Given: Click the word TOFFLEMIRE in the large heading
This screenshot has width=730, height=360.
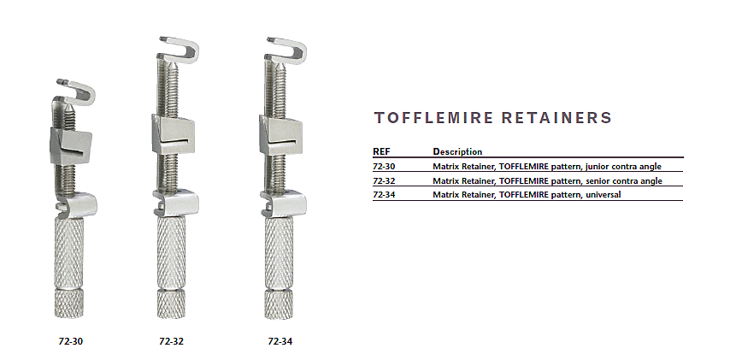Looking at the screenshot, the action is [433, 118].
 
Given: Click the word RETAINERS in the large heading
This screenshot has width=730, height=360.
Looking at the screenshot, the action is [556, 118].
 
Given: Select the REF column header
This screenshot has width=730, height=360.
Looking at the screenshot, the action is [381, 151].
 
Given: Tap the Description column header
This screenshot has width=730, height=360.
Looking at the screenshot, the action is [457, 151].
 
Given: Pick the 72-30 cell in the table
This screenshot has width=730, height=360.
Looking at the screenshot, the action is [384, 166].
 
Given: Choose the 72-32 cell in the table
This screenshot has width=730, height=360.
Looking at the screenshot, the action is [384, 180].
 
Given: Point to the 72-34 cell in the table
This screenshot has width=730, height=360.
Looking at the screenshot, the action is [384, 195].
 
